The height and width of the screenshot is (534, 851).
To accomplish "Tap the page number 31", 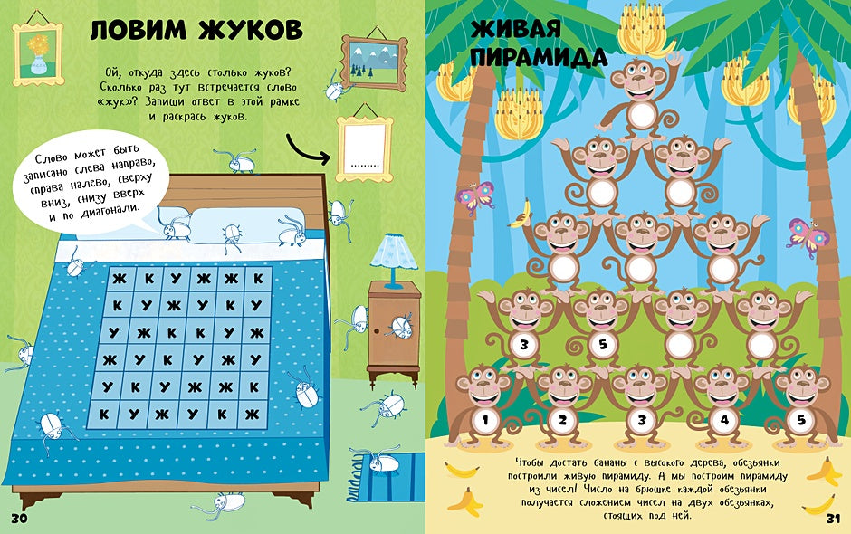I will [x=835, y=518].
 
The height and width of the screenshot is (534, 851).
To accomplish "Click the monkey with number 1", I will [x=484, y=407].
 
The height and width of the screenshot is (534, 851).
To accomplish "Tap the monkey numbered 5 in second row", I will [x=601, y=330].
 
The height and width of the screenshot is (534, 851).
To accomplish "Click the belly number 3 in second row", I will [x=524, y=345].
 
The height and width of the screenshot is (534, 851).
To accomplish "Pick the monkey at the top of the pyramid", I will [x=639, y=100].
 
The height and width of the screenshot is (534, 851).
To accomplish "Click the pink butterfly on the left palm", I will [x=478, y=197].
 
